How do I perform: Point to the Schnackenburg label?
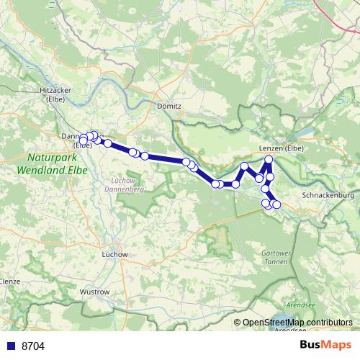[328, 195]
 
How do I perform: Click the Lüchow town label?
[115, 254]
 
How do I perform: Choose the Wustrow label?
[94, 292]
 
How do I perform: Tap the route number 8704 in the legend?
[33, 346]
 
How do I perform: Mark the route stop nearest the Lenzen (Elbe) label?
[269, 160]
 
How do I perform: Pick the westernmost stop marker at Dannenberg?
[83, 140]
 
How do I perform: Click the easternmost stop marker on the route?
[277, 206]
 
